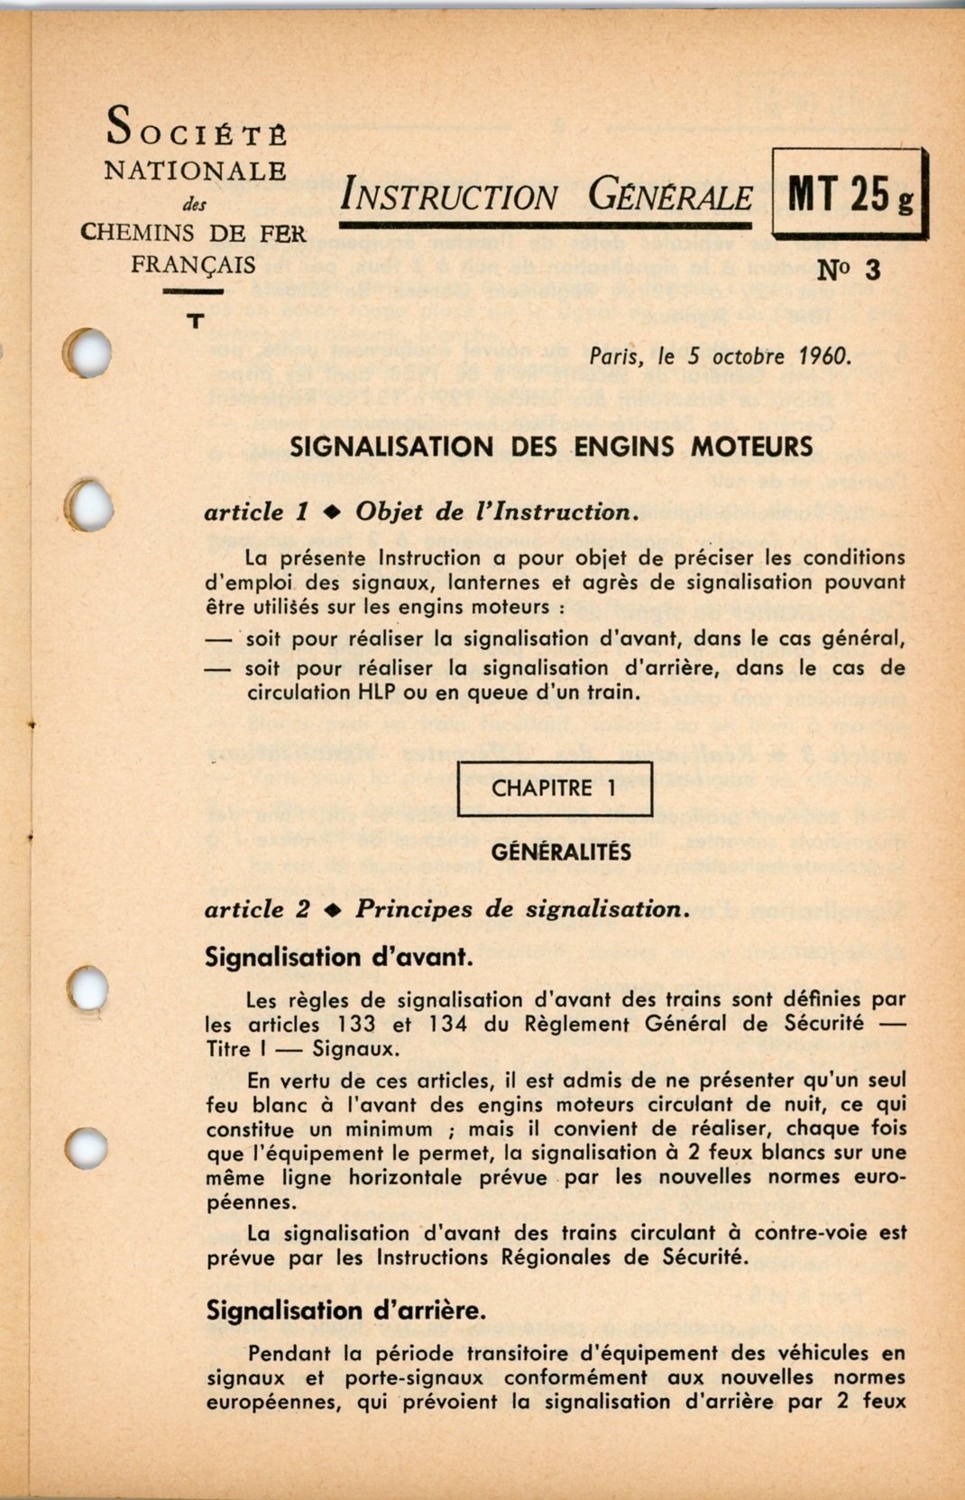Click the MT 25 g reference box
(x=850, y=194)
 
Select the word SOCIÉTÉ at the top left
(x=197, y=127)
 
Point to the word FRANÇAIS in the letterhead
(x=193, y=265)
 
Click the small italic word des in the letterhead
(x=194, y=205)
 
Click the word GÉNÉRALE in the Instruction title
(x=670, y=195)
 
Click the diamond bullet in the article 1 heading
(x=332, y=512)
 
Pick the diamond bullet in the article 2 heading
(x=332, y=909)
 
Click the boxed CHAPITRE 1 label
(x=554, y=788)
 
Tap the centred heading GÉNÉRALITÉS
(x=561, y=851)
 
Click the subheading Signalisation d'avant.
(x=338, y=957)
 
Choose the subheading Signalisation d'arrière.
(x=346, y=1311)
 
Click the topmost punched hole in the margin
(x=88, y=353)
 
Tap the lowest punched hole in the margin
(x=87, y=1148)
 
